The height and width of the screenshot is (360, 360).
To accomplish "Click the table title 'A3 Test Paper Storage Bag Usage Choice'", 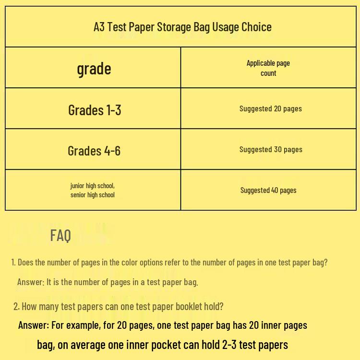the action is click(182, 27).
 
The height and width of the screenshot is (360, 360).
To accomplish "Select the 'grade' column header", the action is click(94, 69).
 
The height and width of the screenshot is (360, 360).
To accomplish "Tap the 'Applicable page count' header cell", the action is click(268, 68).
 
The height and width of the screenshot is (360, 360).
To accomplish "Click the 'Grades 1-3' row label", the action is click(95, 110).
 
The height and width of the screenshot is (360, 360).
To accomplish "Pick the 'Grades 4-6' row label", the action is click(94, 151).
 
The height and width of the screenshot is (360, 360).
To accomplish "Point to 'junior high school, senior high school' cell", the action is click(93, 190).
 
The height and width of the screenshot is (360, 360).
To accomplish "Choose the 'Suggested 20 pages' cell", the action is click(271, 108).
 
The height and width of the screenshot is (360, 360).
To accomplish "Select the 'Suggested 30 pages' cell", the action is click(271, 149).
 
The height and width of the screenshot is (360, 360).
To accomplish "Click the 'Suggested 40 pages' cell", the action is click(268, 190).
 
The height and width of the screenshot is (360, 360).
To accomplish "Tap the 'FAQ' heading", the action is click(60, 235).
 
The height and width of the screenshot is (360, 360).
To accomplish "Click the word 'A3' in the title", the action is click(99, 27).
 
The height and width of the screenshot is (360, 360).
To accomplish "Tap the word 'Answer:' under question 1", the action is click(31, 282).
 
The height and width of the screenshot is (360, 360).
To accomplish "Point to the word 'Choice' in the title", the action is click(256, 27).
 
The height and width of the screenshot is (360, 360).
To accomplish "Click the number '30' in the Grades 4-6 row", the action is click(277, 149).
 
